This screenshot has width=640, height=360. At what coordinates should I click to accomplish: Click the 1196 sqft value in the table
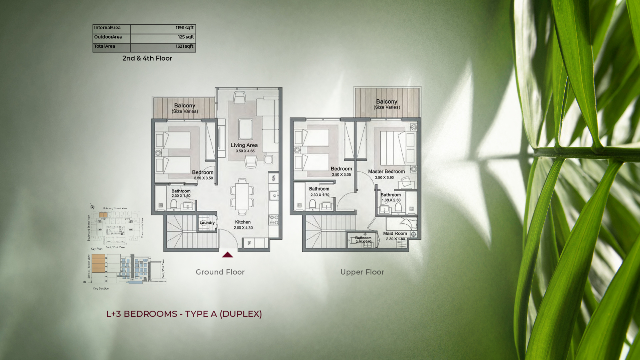[x=184, y=28]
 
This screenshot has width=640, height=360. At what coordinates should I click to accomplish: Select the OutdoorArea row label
[x=108, y=37]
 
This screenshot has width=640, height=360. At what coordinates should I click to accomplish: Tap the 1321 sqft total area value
[x=184, y=46]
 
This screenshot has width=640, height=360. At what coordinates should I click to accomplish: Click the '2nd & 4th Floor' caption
[x=147, y=58]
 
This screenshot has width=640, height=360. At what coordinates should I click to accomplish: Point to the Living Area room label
[x=244, y=145]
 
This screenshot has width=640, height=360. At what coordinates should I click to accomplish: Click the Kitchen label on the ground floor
[x=243, y=222]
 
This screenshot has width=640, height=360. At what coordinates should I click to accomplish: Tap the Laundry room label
[x=207, y=223]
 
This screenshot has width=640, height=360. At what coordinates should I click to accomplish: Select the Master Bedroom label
[x=386, y=172]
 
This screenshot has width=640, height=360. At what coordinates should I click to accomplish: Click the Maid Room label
[x=395, y=234]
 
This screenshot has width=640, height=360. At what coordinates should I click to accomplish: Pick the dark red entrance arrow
[x=227, y=255]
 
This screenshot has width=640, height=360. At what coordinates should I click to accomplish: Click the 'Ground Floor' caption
[x=220, y=272]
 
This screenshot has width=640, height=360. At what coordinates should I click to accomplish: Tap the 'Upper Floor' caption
[x=362, y=272]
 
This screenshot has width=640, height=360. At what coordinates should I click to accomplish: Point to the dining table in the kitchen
[x=242, y=197]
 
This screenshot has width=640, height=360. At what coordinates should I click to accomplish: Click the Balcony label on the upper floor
[x=387, y=102]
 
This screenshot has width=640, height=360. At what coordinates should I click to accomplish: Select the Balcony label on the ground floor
[x=185, y=106]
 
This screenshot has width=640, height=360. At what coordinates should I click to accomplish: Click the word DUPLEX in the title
[x=241, y=314]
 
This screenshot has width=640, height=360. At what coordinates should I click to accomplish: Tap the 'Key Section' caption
[x=101, y=288]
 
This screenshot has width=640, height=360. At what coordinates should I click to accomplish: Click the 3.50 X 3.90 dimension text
[x=384, y=178]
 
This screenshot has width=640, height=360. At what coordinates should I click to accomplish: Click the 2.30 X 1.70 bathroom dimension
[x=320, y=195]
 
